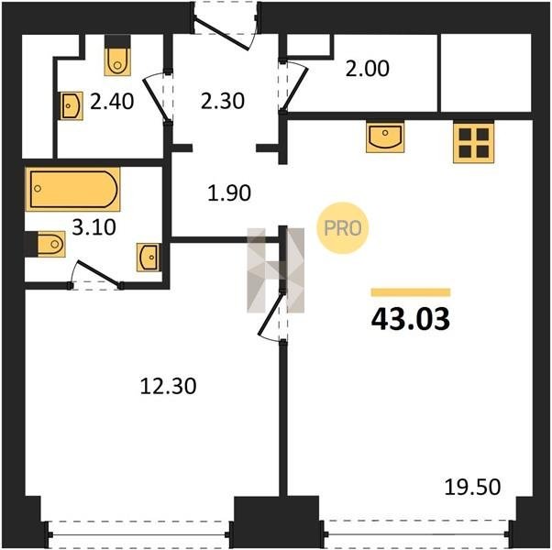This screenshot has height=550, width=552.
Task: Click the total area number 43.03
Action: [x=411, y=319]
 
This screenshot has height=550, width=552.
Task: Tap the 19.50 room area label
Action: [x=472, y=488]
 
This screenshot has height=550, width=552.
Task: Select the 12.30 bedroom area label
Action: [x=169, y=386]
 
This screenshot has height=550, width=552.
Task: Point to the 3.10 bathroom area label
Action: [x=94, y=227]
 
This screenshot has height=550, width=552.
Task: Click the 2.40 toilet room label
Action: [x=112, y=102]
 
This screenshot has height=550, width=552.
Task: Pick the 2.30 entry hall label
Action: [x=223, y=101]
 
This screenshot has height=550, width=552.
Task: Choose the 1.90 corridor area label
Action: [x=229, y=193]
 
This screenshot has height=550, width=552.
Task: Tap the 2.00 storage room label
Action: [x=367, y=69]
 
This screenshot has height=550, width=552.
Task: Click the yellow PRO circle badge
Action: [x=343, y=228]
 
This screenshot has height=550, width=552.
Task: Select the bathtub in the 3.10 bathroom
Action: [x=73, y=189]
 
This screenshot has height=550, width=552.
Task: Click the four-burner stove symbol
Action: [x=473, y=142]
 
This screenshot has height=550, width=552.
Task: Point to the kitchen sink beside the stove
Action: [x=385, y=137]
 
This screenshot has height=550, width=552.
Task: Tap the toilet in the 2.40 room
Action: [x=117, y=56]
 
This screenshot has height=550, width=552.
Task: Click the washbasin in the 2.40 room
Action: [x=72, y=106]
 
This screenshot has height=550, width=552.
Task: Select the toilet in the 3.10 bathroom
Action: [x=45, y=244]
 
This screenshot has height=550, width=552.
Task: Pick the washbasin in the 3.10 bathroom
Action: [x=149, y=258]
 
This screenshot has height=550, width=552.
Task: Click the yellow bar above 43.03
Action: [x=411, y=292]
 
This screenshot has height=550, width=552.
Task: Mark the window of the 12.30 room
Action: [x=138, y=534]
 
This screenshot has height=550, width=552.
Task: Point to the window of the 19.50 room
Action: [x=415, y=533]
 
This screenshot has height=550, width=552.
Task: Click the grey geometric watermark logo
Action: [x=276, y=269]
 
